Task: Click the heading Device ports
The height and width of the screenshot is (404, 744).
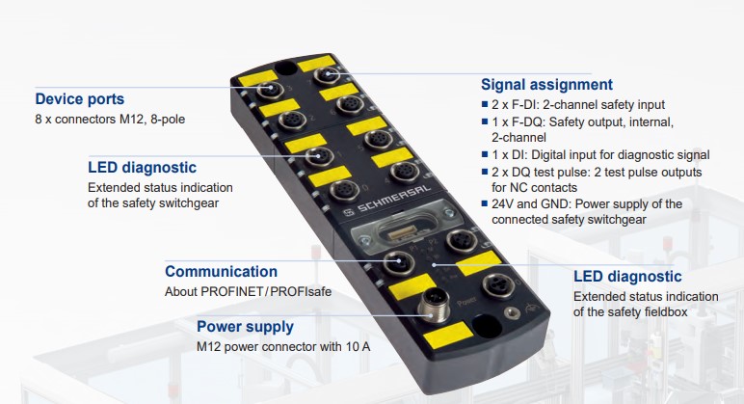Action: coord(80,98)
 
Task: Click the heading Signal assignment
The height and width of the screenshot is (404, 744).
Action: coord(546,85)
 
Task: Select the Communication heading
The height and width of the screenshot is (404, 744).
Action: coord(221,272)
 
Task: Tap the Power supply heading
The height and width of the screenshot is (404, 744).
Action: coord(245,327)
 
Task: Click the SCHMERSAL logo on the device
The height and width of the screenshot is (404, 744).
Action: coord(386,201)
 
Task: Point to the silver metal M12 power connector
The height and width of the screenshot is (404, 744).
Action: coord(434,305)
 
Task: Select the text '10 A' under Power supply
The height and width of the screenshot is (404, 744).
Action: coord(358,346)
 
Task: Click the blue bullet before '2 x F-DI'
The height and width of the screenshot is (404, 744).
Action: coord(485,104)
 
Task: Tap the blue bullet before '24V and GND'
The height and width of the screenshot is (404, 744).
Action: coord(485,204)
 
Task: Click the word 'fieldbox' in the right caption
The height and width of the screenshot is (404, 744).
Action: coord(666,311)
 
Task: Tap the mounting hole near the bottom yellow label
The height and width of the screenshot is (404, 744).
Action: coord(487,325)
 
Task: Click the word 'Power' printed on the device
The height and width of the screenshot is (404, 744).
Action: coord(466,301)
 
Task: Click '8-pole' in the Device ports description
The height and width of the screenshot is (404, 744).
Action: coord(168,119)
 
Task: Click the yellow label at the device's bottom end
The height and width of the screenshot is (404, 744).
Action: coord(448,336)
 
